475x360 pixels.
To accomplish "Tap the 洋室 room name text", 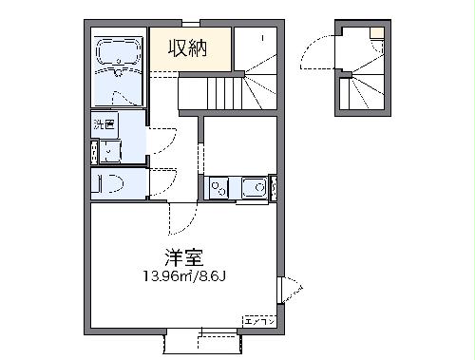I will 183,256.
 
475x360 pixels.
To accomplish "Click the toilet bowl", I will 111,184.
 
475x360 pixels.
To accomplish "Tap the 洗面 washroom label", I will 104,124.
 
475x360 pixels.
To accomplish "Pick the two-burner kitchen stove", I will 219,189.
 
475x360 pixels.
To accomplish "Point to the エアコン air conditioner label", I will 259,320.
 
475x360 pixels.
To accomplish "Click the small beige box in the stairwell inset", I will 377,31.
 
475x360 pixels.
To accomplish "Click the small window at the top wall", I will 191,21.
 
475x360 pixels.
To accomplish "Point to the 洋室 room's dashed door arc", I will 180,221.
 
